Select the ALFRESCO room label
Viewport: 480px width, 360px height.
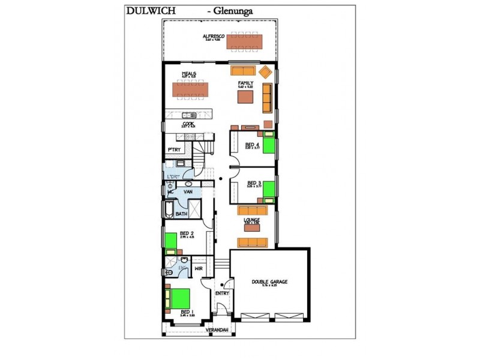point(214,37)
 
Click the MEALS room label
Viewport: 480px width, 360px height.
point(189,74)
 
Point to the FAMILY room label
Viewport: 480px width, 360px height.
point(245,83)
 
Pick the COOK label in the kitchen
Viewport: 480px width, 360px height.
point(188,124)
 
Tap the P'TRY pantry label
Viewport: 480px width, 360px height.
point(175,149)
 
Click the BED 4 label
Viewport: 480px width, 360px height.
point(252,145)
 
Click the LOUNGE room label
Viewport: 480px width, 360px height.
point(251,220)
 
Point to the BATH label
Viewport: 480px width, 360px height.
point(181,214)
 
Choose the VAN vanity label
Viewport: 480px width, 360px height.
point(187,191)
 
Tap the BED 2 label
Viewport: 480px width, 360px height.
point(186,233)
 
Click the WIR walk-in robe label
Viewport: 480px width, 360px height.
point(199,269)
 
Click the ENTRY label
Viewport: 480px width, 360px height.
point(222,293)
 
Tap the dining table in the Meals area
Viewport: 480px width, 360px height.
point(193,90)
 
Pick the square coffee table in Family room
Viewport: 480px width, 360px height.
point(245,97)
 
